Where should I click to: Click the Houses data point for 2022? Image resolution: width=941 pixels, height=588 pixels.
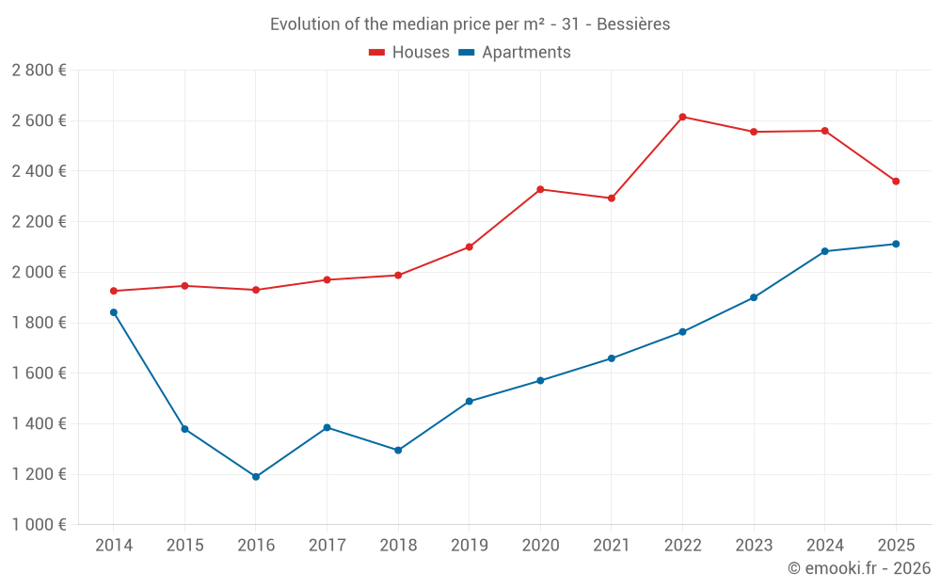coord(682,117)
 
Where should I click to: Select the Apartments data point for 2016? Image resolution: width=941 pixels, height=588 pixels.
coord(256,477)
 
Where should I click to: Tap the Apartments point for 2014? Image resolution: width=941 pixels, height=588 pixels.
coord(114,312)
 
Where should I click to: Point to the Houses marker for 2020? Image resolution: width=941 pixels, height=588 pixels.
coord(540,189)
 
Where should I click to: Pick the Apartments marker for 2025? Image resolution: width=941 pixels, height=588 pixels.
coord(896,244)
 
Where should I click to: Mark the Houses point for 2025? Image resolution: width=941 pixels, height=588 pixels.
coord(896,182)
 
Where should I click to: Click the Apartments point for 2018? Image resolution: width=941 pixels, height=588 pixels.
coord(398,451)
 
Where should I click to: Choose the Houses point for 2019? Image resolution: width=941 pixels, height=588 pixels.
coord(470,247)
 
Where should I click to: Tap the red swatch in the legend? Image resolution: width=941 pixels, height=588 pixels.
coord(377,53)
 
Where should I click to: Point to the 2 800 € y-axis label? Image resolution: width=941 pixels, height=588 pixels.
coord(39,71)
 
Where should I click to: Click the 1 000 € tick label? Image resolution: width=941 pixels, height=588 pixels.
coord(39,525)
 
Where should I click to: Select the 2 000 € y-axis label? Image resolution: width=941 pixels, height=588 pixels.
coord(39,272)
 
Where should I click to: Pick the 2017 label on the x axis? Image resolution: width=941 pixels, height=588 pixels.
coord(327,546)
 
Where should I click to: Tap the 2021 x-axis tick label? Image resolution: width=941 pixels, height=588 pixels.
coord(612,546)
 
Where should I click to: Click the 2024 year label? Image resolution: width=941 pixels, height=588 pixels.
coord(824,546)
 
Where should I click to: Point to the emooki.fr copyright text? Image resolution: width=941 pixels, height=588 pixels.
coord(858,568)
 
